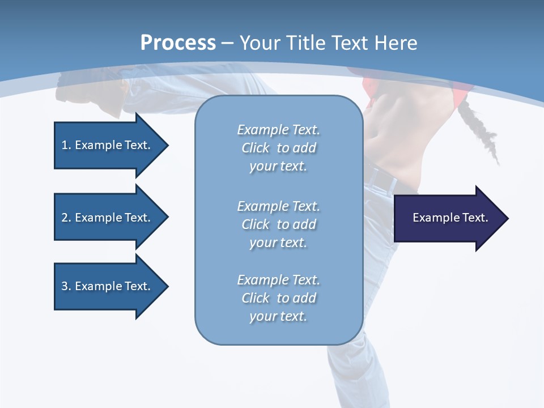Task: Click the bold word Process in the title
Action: coord(178,43)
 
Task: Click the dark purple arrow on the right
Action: coord(448,218)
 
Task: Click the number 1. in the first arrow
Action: coord(66,145)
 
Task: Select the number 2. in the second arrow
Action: coord(66,218)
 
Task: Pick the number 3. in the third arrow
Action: coord(66,286)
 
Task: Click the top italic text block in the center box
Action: coord(278,148)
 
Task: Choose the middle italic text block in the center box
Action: coord(278,224)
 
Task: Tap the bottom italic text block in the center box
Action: coord(278,298)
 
